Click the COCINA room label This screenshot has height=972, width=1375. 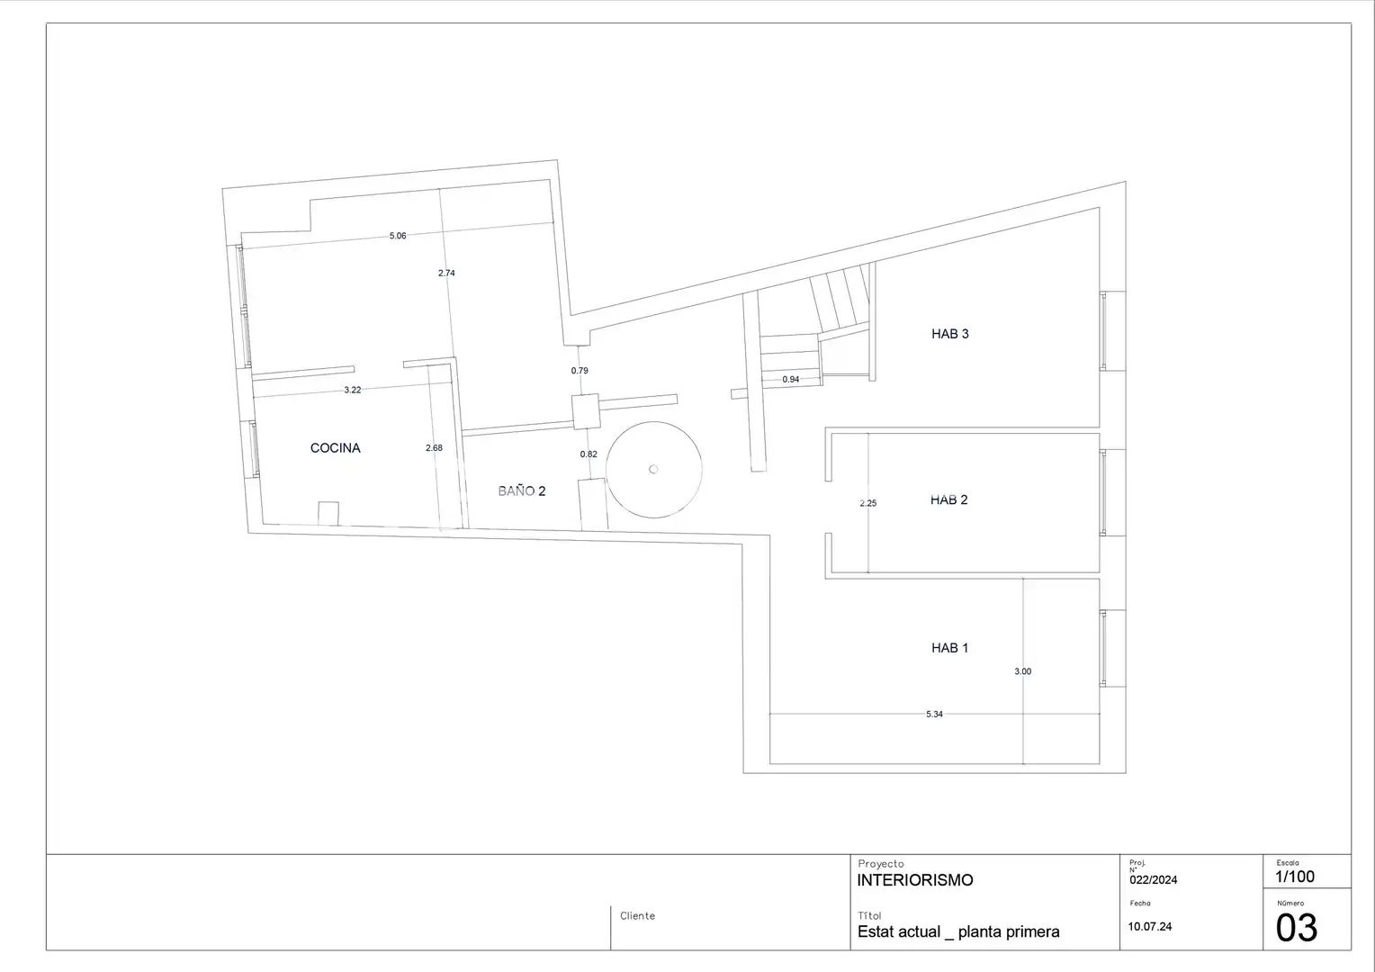click(335, 448)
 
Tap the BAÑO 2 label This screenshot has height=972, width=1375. click(522, 491)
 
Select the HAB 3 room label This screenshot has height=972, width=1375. click(950, 334)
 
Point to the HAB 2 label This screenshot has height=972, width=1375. click(949, 499)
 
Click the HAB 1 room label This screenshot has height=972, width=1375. click(949, 648)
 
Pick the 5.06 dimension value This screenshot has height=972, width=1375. click(398, 236)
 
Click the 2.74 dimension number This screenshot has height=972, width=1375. click(447, 274)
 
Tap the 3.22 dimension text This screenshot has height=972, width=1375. click(353, 390)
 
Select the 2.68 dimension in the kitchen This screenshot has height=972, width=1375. click(434, 448)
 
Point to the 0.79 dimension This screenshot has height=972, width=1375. click(580, 371)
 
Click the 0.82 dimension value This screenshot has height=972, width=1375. click(589, 454)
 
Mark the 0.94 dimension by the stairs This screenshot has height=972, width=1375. click(791, 380)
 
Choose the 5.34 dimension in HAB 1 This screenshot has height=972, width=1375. click(934, 714)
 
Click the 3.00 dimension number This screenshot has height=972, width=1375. click(1022, 671)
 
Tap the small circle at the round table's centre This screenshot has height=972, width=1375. click(653, 470)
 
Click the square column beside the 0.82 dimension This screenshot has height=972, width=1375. click(586, 411)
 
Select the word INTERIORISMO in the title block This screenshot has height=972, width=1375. click(915, 880)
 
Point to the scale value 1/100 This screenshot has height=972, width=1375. click(1295, 877)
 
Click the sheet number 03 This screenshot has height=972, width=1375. click(1297, 927)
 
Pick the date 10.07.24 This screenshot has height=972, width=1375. click(1150, 927)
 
